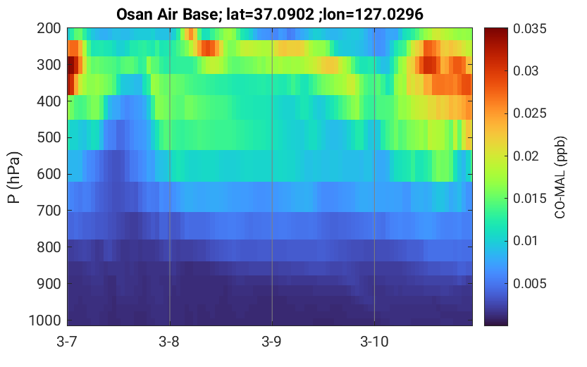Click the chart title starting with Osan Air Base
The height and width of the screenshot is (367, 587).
[269, 15]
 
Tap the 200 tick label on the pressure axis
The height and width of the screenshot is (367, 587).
[49, 28]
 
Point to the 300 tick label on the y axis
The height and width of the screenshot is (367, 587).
[49, 65]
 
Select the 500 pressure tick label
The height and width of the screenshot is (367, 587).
[49, 137]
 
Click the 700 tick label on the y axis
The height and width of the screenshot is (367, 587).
[49, 211]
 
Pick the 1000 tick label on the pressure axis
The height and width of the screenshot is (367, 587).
[45, 321]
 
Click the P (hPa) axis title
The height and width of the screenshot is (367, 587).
[14, 178]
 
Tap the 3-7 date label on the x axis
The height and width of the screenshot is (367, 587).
[67, 342]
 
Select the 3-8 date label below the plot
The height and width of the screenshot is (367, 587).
[169, 342]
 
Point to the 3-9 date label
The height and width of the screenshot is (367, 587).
[272, 342]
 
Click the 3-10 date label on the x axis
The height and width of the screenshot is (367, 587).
[374, 342]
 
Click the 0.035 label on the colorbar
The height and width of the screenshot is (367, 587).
[530, 29]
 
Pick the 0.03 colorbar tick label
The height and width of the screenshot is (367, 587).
[526, 70]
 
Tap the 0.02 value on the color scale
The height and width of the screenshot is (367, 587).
[526, 156]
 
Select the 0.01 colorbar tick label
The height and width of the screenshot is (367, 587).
[526, 240]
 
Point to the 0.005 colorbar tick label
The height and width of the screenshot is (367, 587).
[530, 284]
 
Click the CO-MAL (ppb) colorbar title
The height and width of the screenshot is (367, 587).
[560, 178]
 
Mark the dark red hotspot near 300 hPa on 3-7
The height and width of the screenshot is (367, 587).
[72, 66]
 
